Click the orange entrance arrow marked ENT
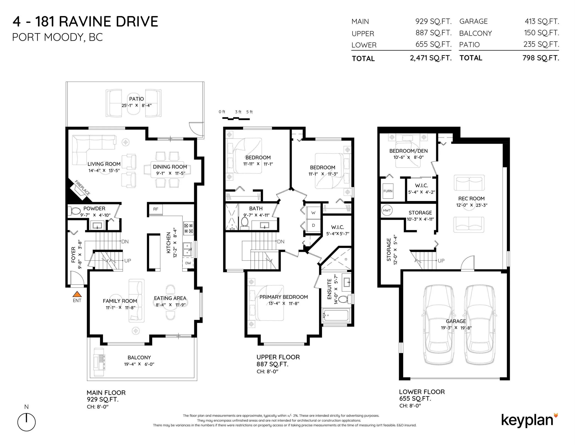pyautogui.click(x=77, y=294)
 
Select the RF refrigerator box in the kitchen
pyautogui.click(x=156, y=209)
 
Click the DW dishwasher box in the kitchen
pyautogui.click(x=188, y=263)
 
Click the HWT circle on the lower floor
pyautogui.click(x=387, y=210)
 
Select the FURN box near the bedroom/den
pyautogui.click(x=388, y=191)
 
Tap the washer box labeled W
pyautogui.click(x=313, y=213)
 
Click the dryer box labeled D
pyautogui.click(x=313, y=225)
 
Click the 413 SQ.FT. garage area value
pyautogui.click(x=542, y=21)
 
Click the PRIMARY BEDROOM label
pyautogui.click(x=284, y=297)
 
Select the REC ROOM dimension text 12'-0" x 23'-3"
pyautogui.click(x=472, y=205)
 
